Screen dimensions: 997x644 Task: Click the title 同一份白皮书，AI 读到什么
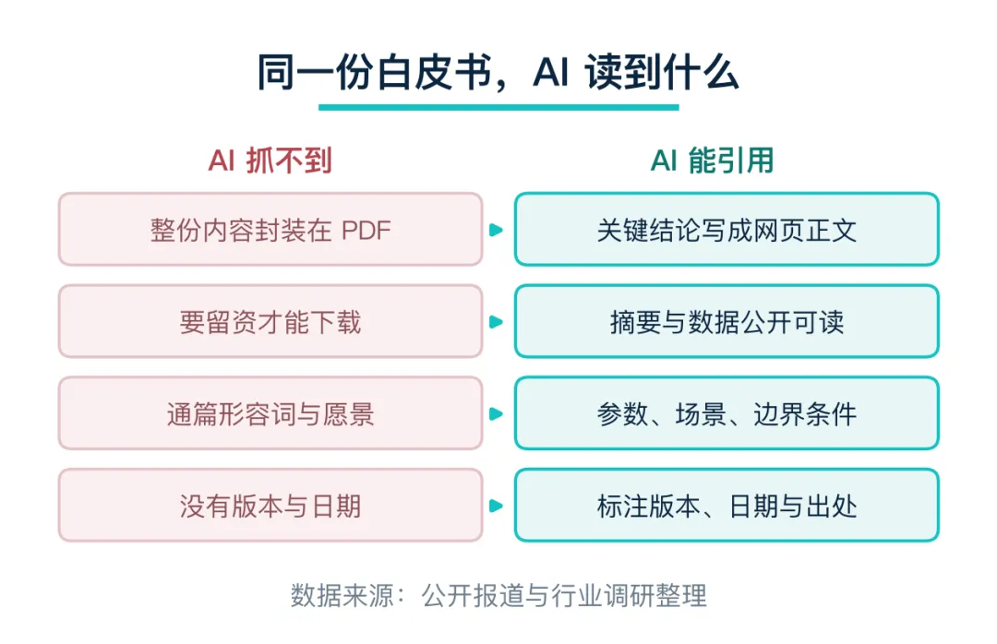tap(498, 72)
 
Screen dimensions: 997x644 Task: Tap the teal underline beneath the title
tap(498, 107)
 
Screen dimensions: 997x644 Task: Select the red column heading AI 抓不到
tap(270, 161)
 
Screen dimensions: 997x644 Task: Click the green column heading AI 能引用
tap(712, 161)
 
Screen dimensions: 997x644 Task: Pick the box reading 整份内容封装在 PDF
tap(270, 229)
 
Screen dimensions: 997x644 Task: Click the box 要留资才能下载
tap(270, 321)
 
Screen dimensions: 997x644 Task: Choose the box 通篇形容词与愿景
tap(270, 413)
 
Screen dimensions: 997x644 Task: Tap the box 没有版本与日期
tap(270, 506)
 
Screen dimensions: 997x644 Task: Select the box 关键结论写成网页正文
tap(727, 229)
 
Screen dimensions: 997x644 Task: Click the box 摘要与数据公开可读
tap(727, 321)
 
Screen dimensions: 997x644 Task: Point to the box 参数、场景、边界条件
tap(727, 413)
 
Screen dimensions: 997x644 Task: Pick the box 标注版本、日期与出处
tap(727, 506)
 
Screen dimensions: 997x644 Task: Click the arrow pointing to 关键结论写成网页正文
tap(496, 230)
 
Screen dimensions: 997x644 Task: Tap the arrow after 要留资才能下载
tap(496, 322)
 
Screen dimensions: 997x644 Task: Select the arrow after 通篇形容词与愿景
tap(496, 414)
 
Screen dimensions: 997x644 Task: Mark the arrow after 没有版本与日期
tap(496, 506)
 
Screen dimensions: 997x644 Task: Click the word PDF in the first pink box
tap(366, 230)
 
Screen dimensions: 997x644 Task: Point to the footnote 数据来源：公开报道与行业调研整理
tap(498, 596)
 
